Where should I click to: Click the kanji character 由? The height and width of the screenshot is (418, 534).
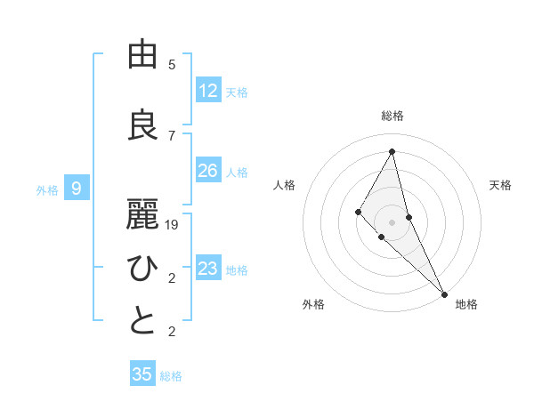click(x=142, y=55)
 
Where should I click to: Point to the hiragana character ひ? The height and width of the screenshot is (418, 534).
click(x=142, y=268)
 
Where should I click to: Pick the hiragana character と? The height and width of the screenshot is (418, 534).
click(x=142, y=321)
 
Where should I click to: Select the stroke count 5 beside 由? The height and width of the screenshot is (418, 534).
click(x=172, y=65)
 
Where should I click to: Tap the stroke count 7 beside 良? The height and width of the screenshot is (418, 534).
click(x=172, y=135)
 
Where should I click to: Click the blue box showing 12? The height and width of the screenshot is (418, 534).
click(x=208, y=91)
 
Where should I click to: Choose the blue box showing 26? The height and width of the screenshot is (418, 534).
click(x=208, y=171)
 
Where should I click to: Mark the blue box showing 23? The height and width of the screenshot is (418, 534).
click(x=208, y=269)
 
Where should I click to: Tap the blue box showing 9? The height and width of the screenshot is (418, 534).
click(x=77, y=189)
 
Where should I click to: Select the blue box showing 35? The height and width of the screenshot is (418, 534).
click(x=142, y=374)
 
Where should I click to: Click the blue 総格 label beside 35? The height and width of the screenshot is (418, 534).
click(x=171, y=376)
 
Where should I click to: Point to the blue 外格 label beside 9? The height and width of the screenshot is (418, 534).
click(x=47, y=189)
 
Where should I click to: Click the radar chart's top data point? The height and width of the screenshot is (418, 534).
click(x=392, y=151)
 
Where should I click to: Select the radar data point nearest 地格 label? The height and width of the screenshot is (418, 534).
click(x=444, y=293)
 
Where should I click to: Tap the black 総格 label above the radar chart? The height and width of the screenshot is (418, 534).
click(x=392, y=116)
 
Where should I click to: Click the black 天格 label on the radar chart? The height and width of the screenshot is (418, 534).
click(x=501, y=185)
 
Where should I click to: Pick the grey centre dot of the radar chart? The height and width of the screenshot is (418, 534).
click(x=392, y=221)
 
